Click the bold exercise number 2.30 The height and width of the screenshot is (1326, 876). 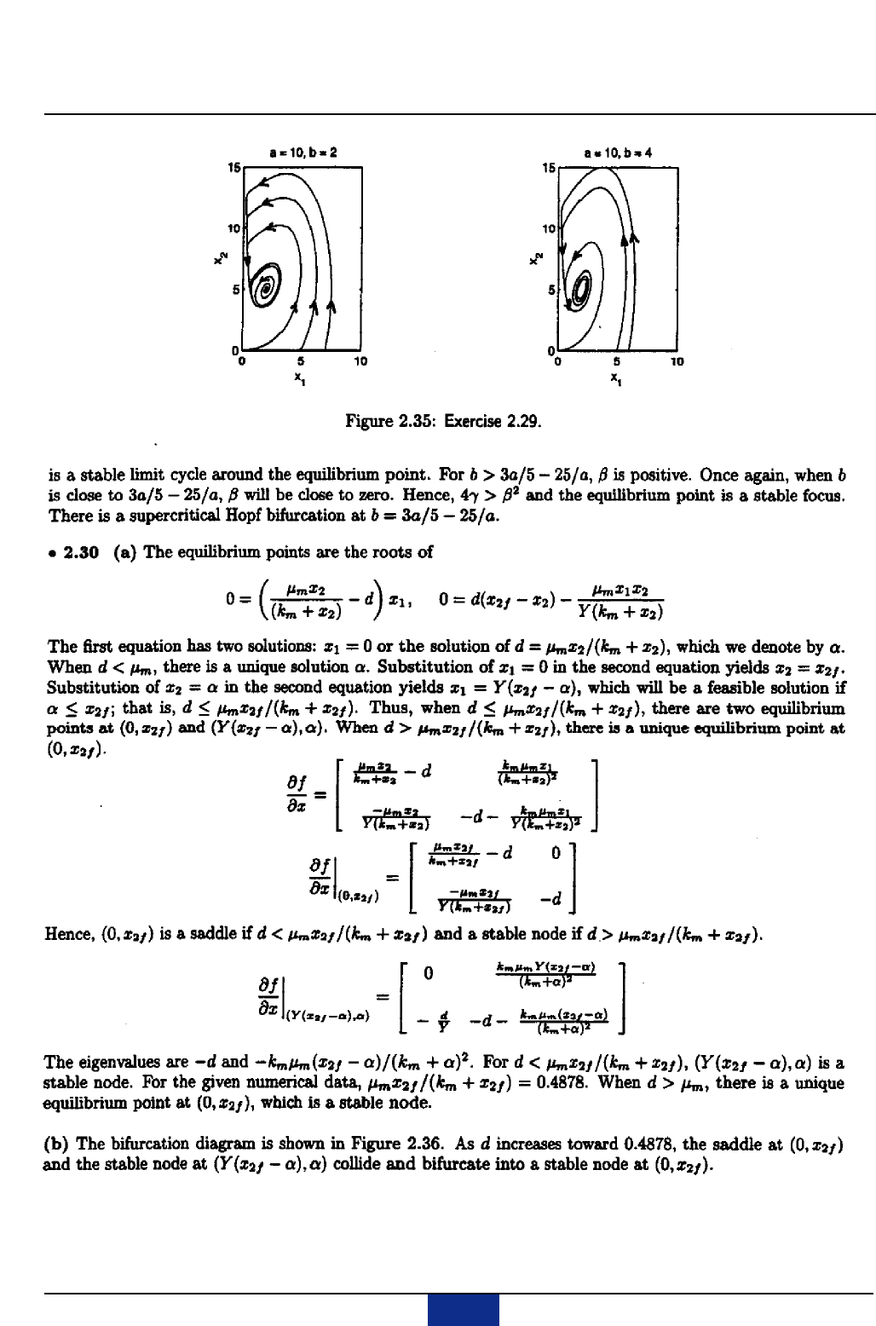point(84,551)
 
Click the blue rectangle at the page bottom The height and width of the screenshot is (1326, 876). point(463,1311)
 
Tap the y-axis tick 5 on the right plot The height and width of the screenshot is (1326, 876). point(550,290)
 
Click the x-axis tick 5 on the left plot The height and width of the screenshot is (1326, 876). point(301,361)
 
